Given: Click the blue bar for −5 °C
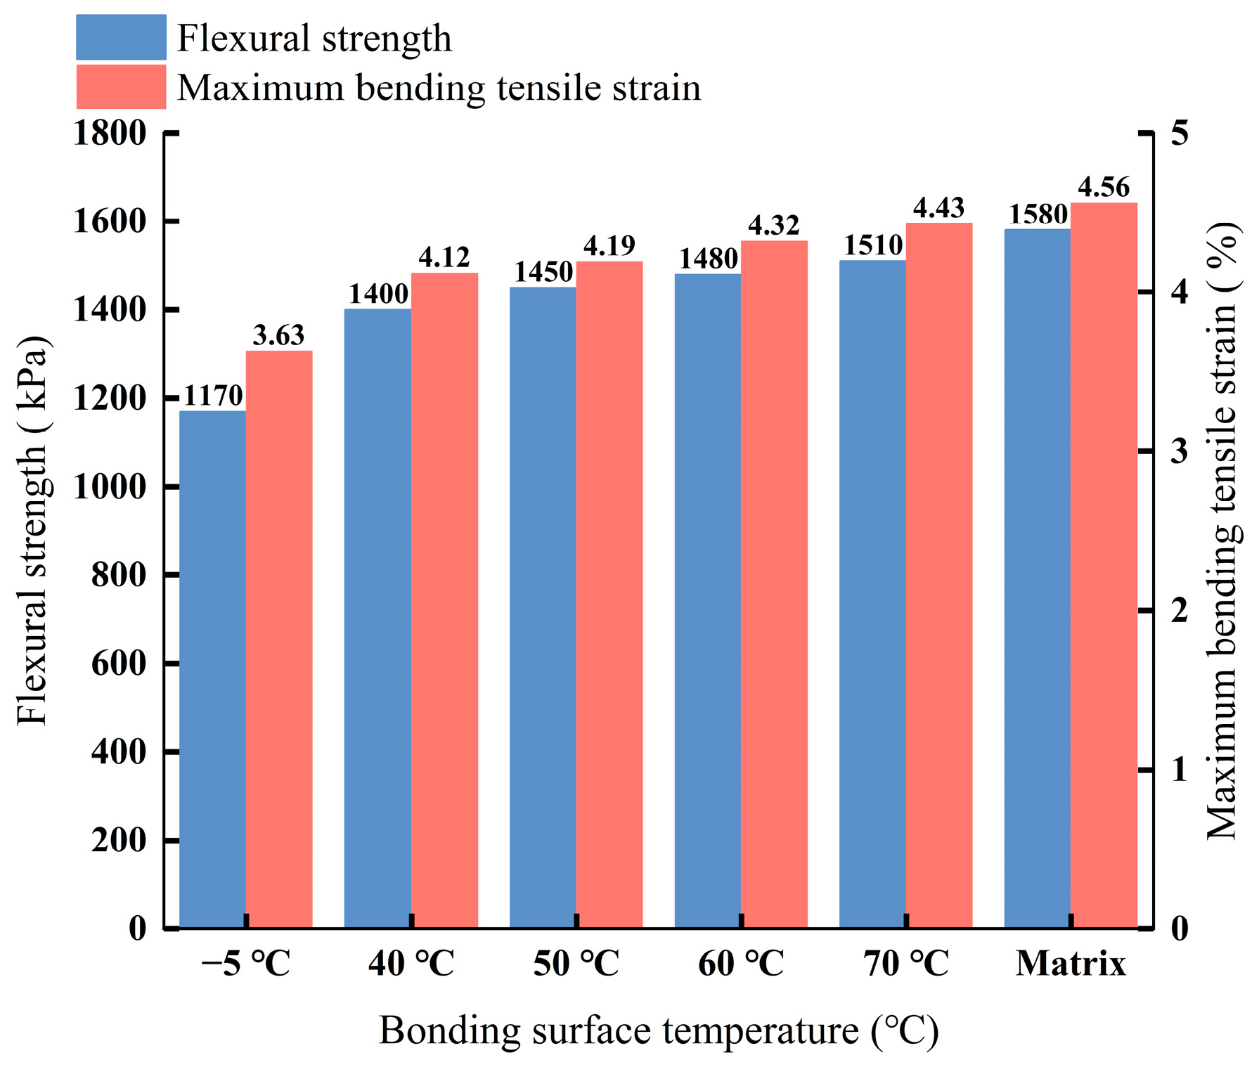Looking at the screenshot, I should [212, 669].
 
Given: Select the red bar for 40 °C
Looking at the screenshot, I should [444, 600].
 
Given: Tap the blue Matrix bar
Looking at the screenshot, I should [1037, 578].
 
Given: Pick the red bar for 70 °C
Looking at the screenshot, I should [939, 575].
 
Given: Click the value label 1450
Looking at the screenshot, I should [543, 272].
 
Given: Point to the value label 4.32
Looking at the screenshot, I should [773, 225].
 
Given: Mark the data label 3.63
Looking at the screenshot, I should [278, 335].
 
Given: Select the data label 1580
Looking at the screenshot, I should [1038, 214].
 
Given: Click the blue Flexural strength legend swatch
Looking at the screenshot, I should [121, 37].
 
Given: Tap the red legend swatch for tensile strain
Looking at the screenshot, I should [121, 87].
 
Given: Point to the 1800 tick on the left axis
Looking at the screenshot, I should [110, 133].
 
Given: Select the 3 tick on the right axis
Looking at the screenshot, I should [1180, 451].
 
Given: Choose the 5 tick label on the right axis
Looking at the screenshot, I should [1180, 133].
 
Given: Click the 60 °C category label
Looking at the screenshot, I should [741, 963].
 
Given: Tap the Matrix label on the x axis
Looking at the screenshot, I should [1071, 963].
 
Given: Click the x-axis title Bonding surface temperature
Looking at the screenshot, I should [659, 1031].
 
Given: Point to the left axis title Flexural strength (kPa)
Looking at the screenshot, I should [32, 530].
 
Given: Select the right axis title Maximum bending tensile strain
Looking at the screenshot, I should [1222, 530].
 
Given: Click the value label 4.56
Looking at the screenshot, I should [1104, 187].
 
